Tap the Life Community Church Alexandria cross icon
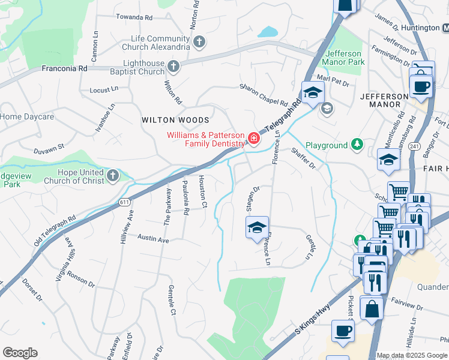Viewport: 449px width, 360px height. [199, 41]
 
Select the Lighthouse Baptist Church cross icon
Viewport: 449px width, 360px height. [173, 66]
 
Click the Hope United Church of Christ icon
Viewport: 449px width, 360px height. [113, 175]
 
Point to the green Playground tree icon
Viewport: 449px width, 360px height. [357, 145]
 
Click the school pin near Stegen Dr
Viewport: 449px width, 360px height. [257, 228]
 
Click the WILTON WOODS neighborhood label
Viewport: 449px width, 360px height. [175, 120]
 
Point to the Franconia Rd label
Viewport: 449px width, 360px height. [64, 68]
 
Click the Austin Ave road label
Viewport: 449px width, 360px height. [152, 240]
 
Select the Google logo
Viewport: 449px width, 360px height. [20, 353]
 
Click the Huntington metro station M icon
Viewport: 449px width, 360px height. [445, 28]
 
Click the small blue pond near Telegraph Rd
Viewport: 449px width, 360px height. [270, 31]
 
